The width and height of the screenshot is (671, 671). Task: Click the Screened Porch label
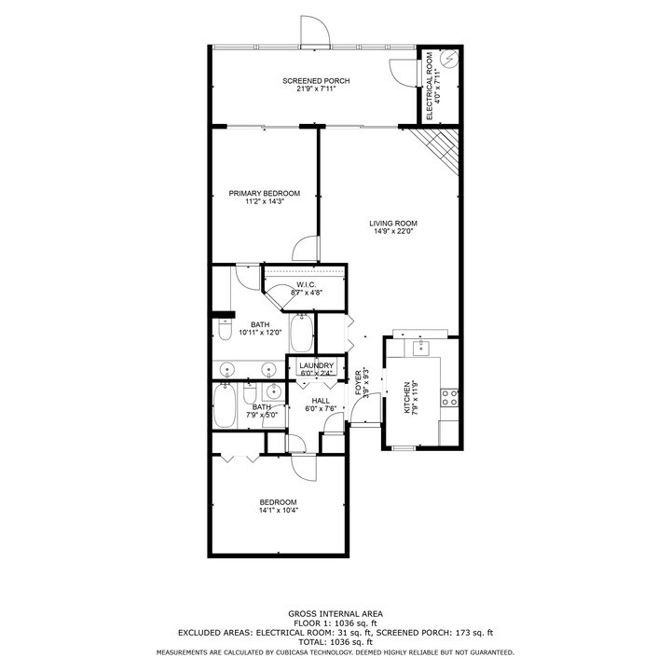click(316, 81)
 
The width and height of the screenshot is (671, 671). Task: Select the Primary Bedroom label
click(264, 194)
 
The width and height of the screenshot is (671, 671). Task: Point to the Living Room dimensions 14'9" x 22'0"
click(392, 232)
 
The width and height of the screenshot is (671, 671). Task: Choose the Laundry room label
click(316, 365)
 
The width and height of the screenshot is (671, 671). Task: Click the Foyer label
click(359, 384)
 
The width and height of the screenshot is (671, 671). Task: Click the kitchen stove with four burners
click(449, 399)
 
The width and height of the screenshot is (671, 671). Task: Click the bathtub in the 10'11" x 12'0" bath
click(302, 334)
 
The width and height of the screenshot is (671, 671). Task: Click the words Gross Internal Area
click(335, 613)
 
